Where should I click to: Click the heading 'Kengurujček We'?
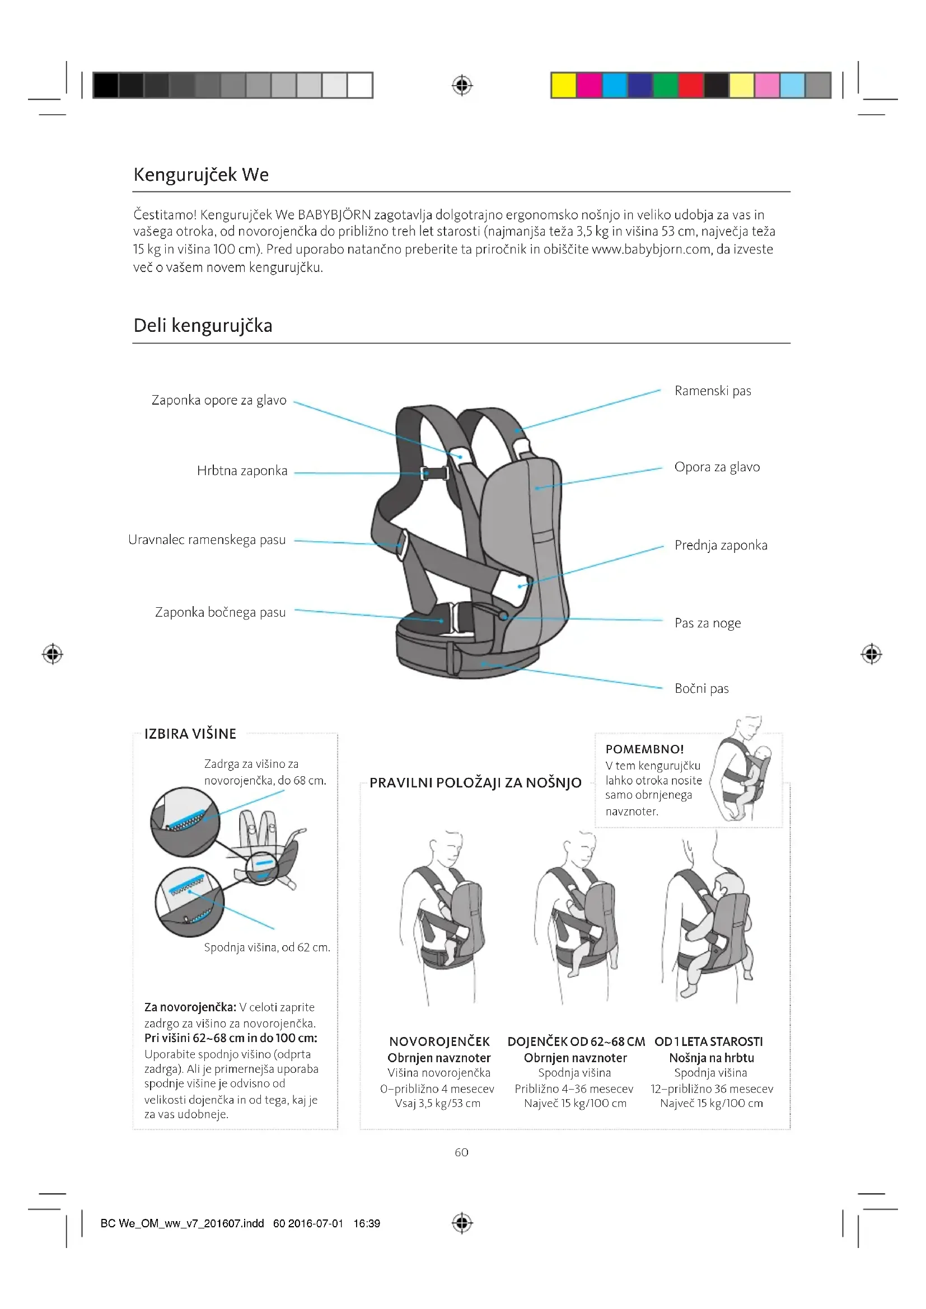[x=201, y=175]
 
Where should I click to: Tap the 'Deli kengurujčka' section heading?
[x=203, y=326]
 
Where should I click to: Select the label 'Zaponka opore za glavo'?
[x=219, y=400]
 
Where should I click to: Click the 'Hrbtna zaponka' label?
[x=242, y=471]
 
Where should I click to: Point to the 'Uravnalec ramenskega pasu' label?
[x=207, y=540]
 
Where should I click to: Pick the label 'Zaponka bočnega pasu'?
[x=220, y=612]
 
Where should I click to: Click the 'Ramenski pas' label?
[x=712, y=391]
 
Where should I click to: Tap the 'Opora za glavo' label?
[x=717, y=467]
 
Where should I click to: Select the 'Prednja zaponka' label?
[x=721, y=546]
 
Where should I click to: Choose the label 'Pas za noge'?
[x=707, y=623]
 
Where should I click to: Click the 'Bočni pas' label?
[x=701, y=689]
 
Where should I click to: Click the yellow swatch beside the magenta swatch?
[x=563, y=86]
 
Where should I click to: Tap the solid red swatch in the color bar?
[x=690, y=86]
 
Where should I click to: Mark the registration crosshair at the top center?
[x=462, y=86]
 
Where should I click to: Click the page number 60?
[x=461, y=1152]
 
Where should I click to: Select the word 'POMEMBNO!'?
[x=644, y=749]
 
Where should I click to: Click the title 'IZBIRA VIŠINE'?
[x=190, y=734]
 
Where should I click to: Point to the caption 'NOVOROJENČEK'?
[x=439, y=1042]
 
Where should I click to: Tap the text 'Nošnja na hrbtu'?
[x=711, y=1058]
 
